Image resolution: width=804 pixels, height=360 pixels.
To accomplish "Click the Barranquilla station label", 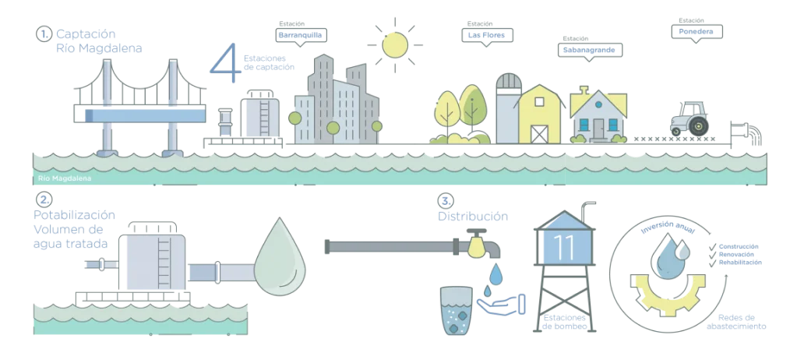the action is (301, 35).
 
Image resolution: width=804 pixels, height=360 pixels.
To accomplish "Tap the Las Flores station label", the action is (487, 35).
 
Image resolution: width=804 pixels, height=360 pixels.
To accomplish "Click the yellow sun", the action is (395, 44).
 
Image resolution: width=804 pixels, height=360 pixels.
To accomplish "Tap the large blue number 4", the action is (226, 62).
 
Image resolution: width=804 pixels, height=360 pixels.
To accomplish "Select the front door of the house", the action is (598, 129).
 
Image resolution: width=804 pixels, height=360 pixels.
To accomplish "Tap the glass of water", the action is (456, 311).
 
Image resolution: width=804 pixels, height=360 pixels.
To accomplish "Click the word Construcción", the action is (739, 247).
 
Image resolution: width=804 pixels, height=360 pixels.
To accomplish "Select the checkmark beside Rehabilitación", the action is (712, 263).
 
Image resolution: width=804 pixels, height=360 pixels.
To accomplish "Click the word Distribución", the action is (473, 217).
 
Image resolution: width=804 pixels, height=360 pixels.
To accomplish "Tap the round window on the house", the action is (598, 104).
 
